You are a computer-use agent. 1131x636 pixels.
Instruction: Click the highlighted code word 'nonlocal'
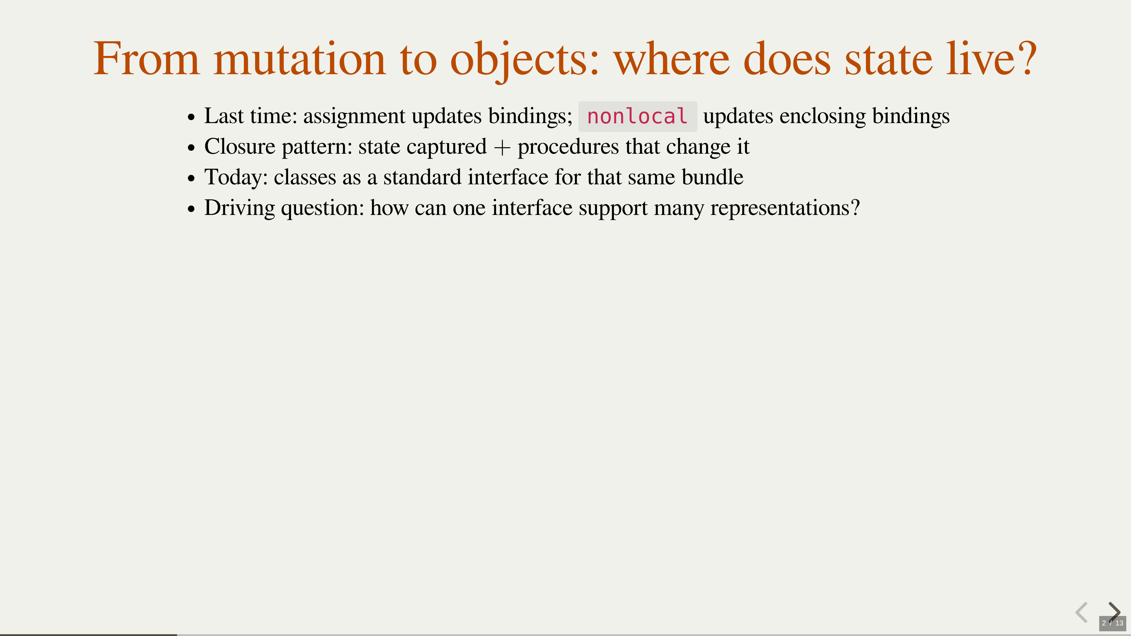pyautogui.click(x=637, y=116)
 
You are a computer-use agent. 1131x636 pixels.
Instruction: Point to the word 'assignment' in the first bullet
pyautogui.click(x=355, y=117)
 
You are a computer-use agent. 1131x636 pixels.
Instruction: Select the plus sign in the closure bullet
pyautogui.click(x=502, y=148)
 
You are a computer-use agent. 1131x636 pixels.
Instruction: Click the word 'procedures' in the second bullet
pyautogui.click(x=568, y=148)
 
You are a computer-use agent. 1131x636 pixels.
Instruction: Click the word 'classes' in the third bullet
pyautogui.click(x=305, y=177)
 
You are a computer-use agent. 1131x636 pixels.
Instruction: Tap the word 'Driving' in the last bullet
pyautogui.click(x=240, y=208)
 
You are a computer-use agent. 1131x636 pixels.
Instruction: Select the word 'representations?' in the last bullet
pyautogui.click(x=785, y=208)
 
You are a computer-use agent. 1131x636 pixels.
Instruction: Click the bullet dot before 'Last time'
pyautogui.click(x=191, y=118)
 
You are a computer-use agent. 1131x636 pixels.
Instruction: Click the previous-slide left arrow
pyautogui.click(x=1082, y=612)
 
